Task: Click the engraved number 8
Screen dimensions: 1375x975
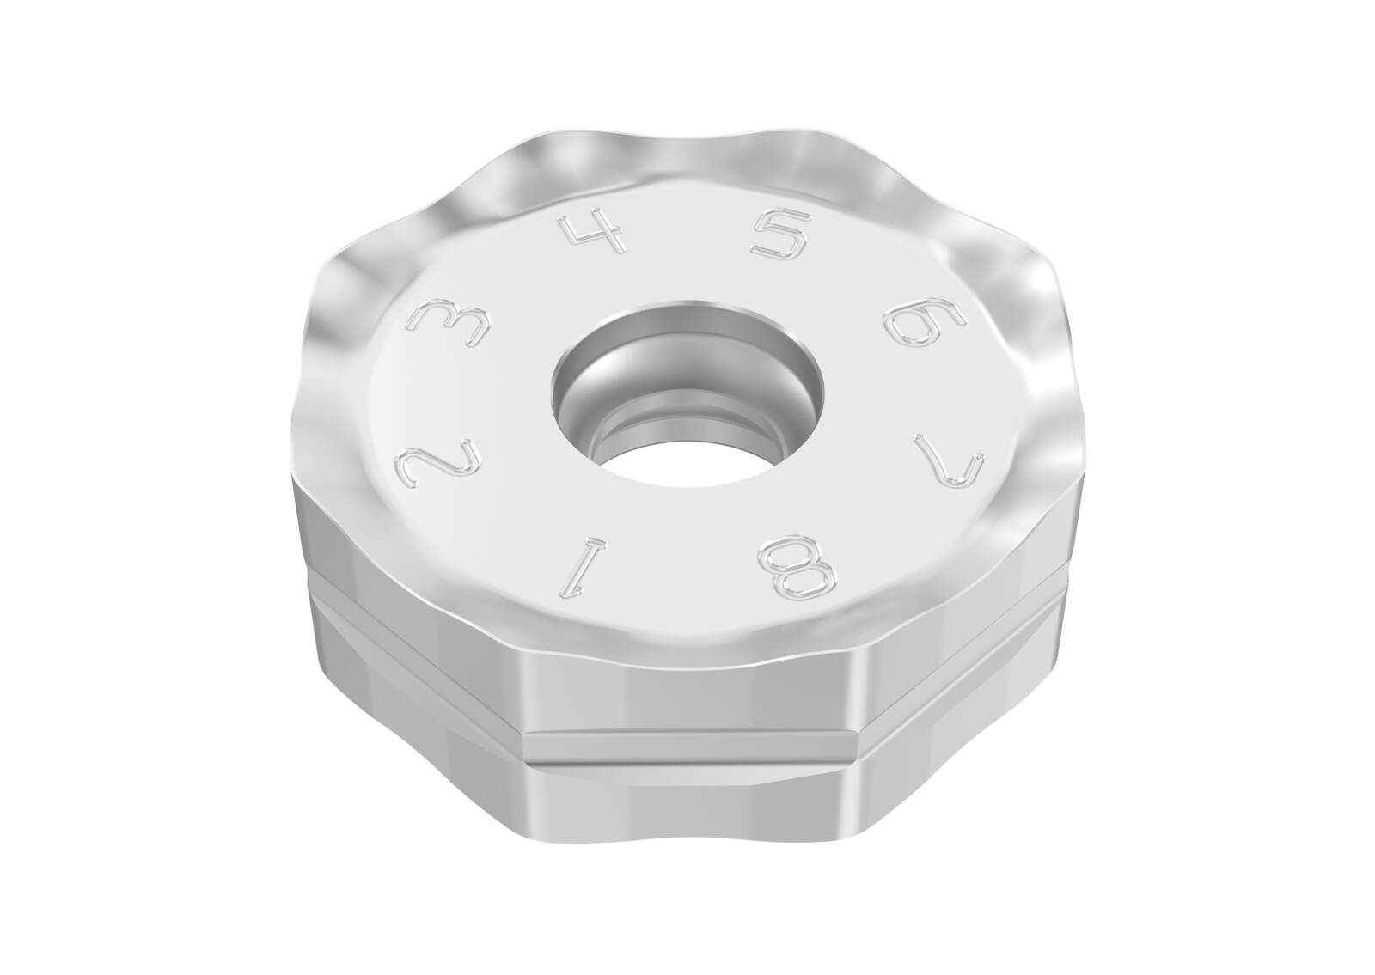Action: (x=797, y=565)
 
